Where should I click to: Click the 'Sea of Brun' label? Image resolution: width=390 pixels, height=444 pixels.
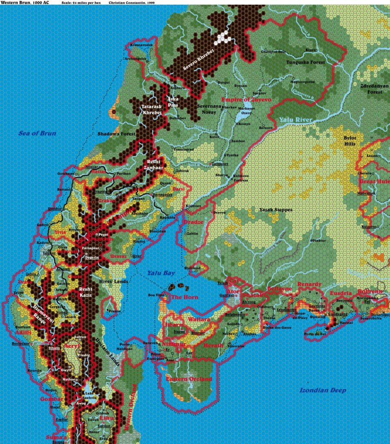tap(37, 133)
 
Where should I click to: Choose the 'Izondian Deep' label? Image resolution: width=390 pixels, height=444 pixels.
tap(323, 390)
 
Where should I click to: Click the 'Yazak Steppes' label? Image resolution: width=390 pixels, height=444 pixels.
tap(275, 210)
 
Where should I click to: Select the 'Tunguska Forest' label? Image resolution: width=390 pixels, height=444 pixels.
tap(305, 62)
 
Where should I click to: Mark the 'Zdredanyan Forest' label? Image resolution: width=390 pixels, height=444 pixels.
tap(369, 89)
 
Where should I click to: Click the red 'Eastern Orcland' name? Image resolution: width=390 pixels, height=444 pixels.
tap(189, 379)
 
